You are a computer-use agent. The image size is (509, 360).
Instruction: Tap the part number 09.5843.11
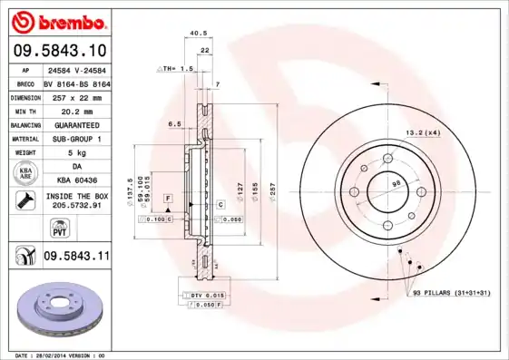click(76, 257)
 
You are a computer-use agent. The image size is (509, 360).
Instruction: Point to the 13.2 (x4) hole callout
click(422, 133)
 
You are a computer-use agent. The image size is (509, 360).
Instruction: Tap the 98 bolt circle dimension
click(396, 184)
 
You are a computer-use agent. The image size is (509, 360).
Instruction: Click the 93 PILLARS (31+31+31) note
click(451, 294)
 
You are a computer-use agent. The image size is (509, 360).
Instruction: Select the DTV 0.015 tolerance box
click(206, 297)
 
